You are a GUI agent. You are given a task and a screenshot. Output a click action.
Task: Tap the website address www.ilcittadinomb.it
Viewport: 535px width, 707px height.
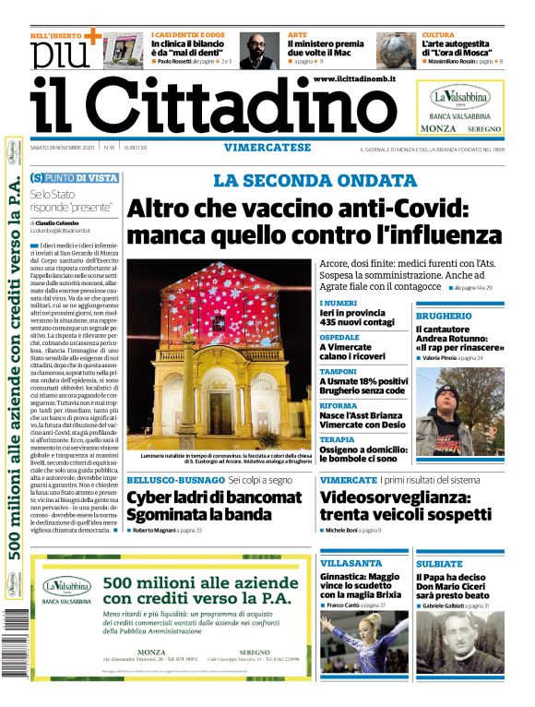[354, 80]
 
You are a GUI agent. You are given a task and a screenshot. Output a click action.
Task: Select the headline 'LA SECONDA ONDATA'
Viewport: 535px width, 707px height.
[315, 181]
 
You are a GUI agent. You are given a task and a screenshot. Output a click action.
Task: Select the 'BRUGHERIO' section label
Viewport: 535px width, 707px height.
[443, 316]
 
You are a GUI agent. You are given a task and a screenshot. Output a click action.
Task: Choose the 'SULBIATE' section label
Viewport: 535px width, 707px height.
[439, 563]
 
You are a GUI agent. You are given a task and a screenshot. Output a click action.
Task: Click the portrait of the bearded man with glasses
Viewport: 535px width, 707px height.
[259, 50]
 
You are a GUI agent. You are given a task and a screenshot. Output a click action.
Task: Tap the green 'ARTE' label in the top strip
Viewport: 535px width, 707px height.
[297, 34]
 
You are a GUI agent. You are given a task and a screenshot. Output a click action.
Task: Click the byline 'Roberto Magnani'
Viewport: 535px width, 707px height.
[160, 531]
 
